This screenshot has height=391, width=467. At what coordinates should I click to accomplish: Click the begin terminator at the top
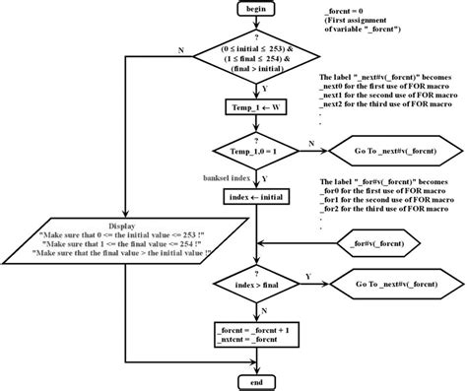[255, 10]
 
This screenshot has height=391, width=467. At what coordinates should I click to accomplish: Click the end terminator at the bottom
[255, 379]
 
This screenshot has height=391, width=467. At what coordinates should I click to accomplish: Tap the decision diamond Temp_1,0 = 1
[255, 154]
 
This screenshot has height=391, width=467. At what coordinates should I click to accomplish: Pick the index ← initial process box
[255, 197]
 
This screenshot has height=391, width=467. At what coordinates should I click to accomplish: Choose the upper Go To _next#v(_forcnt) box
[387, 154]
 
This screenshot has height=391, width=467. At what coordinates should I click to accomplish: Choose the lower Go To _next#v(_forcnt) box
[387, 284]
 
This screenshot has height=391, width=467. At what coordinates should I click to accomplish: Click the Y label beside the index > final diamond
[308, 275]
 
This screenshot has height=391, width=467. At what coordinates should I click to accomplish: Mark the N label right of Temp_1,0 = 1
[311, 145]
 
